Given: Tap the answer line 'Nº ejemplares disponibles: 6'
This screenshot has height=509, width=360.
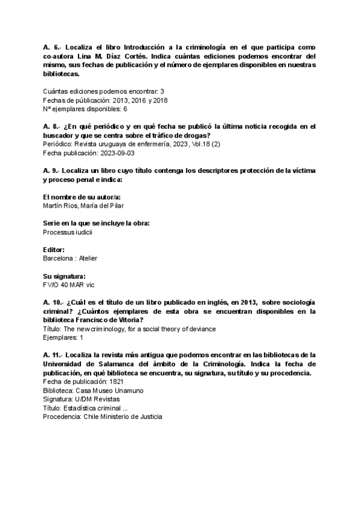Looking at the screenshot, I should coord(85,109).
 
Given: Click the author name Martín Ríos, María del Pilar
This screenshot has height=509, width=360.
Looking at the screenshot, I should coord(85,205).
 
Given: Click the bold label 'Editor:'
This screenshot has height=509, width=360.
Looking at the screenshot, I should coord(54,249).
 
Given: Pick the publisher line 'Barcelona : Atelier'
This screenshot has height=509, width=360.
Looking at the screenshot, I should coord(71,258).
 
